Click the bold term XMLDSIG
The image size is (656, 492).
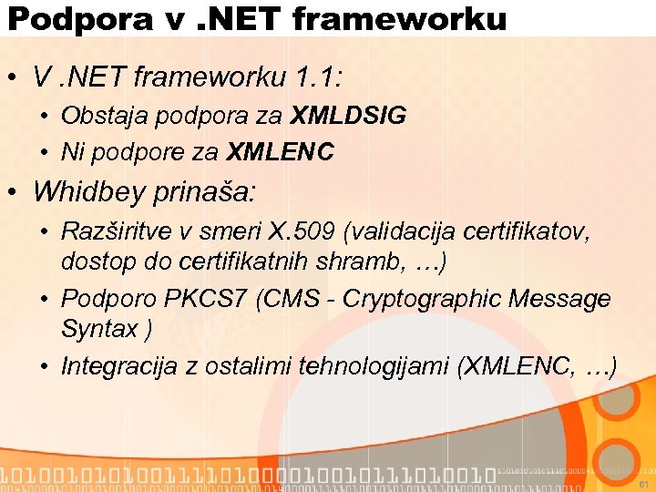coord(349,117)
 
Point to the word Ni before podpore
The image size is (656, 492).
coord(71,151)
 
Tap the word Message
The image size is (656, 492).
coord(560,299)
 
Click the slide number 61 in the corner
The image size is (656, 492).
coord(641,483)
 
